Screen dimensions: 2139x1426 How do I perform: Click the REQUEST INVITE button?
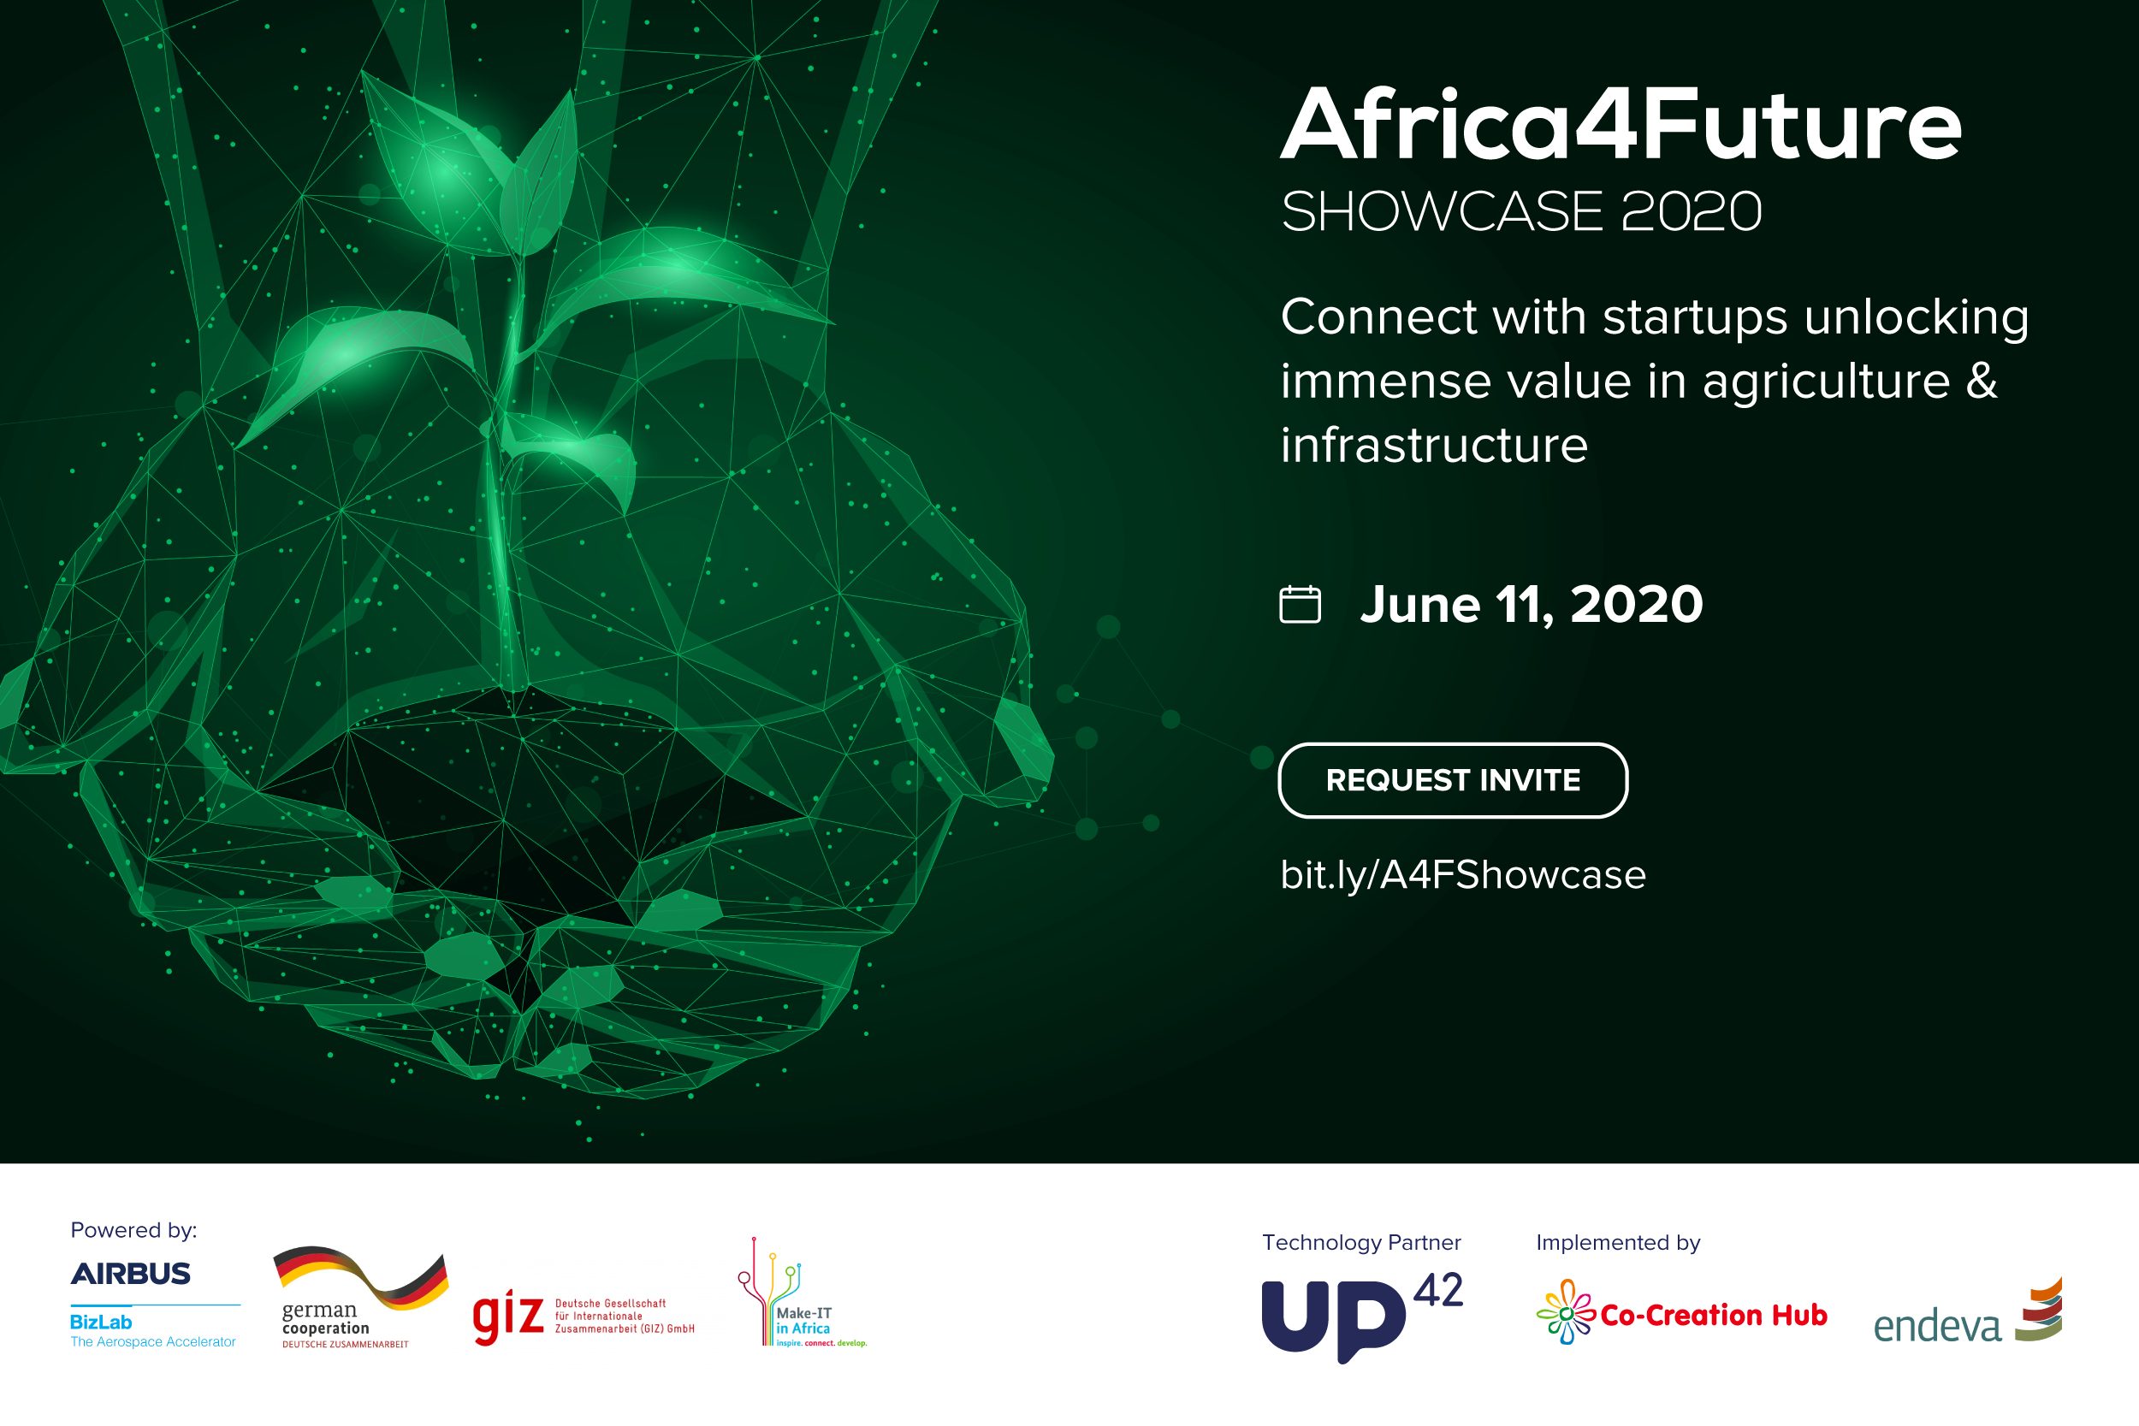(1452, 780)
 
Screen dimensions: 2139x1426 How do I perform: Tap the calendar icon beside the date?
(1300, 604)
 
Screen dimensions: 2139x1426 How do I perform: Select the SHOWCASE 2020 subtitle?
(1521, 211)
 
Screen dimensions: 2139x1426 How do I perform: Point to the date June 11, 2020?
(1532, 605)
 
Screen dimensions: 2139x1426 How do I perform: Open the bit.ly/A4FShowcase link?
(1463, 875)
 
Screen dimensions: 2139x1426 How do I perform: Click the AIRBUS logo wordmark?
(131, 1273)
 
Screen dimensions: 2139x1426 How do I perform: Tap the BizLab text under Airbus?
(101, 1322)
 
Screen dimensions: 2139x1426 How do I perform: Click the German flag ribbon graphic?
(361, 1277)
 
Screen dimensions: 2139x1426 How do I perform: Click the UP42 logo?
(1362, 1315)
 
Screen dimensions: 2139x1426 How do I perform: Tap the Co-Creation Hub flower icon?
(1566, 1311)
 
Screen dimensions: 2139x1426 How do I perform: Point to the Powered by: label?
(133, 1230)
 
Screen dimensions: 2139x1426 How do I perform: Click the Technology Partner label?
(1361, 1242)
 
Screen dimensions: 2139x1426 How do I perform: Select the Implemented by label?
(1618, 1243)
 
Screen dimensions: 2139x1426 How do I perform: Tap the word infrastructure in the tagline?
(1434, 445)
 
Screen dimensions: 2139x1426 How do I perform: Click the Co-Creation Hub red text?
(1714, 1315)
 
